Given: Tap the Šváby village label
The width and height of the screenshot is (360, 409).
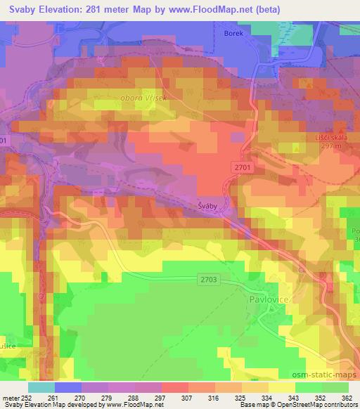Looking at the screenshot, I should point(206,206).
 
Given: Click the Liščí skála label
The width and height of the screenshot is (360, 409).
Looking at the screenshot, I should point(330,138).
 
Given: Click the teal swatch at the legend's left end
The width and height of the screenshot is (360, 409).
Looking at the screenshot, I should point(41,387).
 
